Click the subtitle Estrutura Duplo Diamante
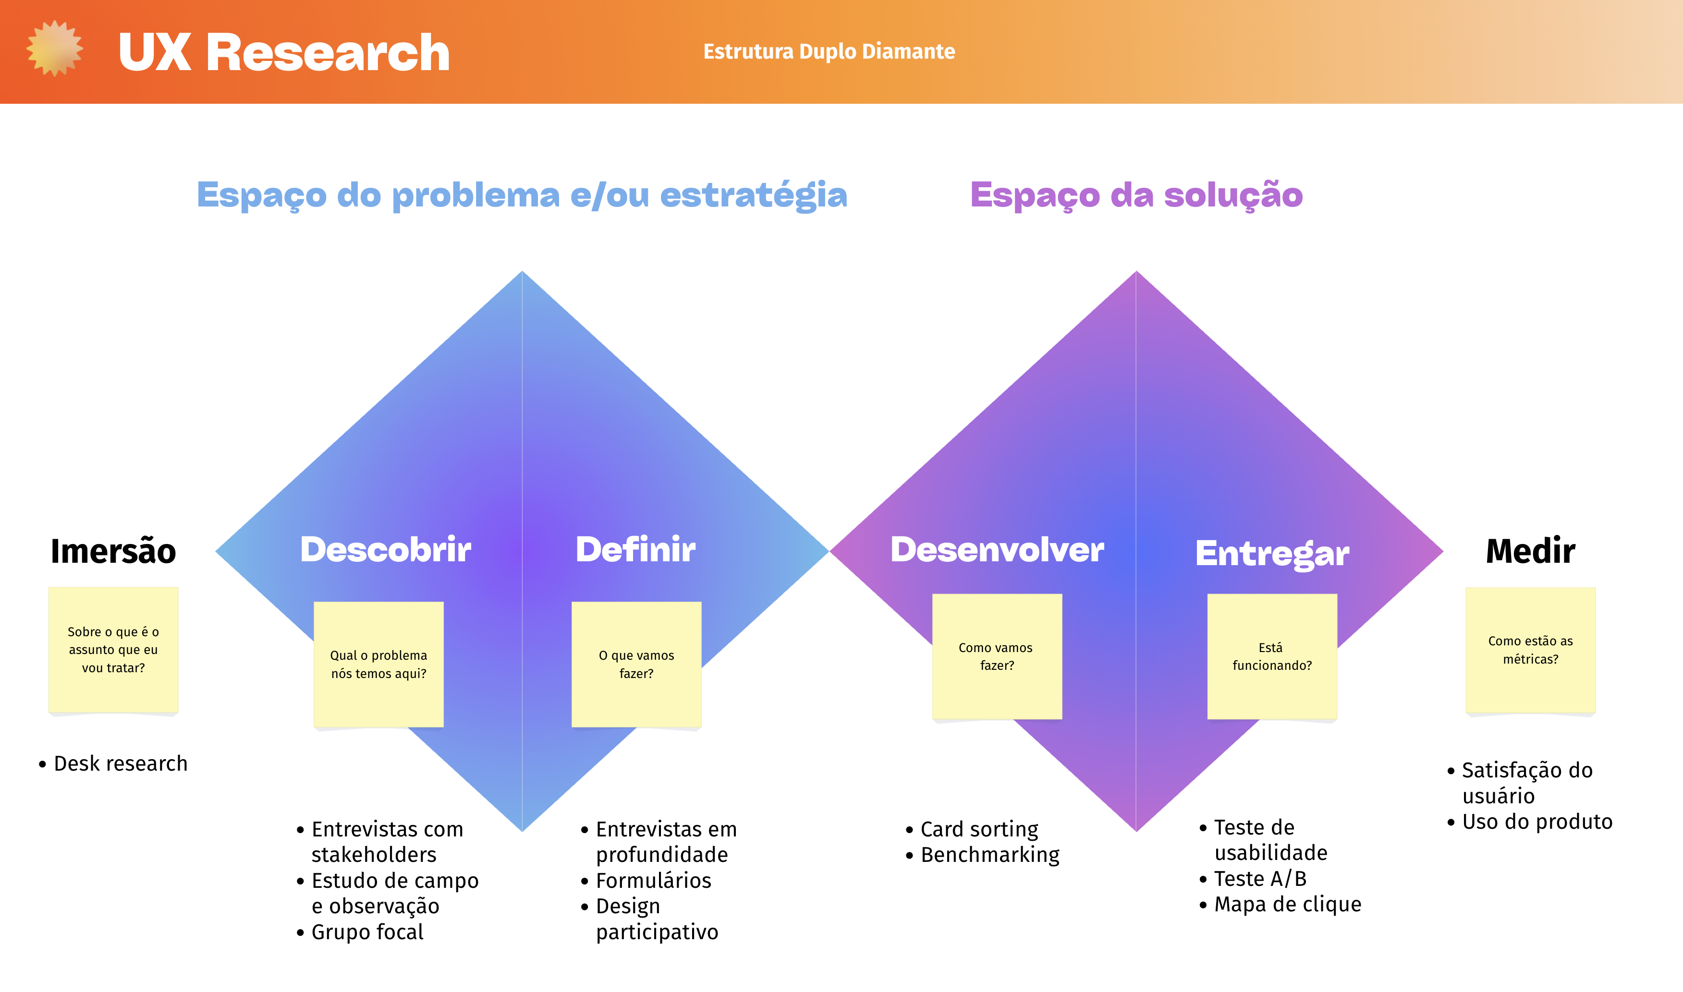(829, 51)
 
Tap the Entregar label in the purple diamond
(1272, 554)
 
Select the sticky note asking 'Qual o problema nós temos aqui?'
(378, 664)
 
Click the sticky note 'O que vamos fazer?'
(636, 664)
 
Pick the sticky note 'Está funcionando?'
(1272, 656)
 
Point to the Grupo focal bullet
(367, 932)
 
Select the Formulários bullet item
(653, 881)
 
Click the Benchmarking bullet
(989, 855)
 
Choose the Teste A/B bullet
(1260, 878)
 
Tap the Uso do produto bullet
(1537, 822)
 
